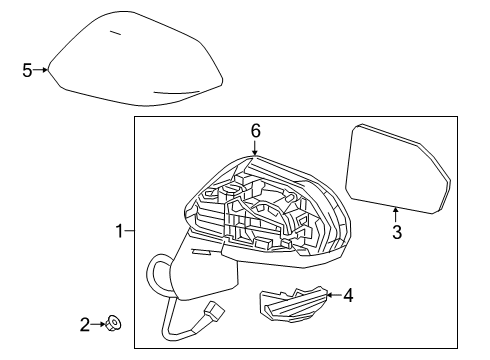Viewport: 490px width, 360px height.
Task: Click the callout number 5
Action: tap(28, 69)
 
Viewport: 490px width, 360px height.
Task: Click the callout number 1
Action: tap(119, 232)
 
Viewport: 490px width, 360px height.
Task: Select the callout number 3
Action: tap(396, 233)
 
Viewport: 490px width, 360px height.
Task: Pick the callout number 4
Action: tap(348, 295)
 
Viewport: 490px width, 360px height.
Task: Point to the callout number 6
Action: tap(255, 130)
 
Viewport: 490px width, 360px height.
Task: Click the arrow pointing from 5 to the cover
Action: tap(41, 69)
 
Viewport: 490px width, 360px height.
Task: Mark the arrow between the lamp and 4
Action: tap(332, 295)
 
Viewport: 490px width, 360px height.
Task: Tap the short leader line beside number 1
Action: tap(129, 232)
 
